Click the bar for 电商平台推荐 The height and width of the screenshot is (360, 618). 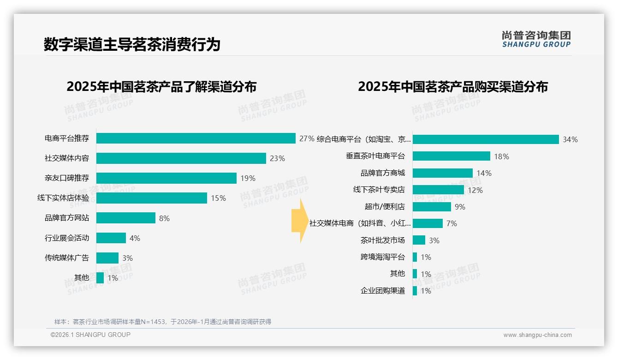pyautogui.click(x=196, y=138)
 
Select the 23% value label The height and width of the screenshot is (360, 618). pyautogui.click(x=277, y=158)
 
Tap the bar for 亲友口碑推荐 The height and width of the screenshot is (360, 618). pyautogui.click(x=166, y=178)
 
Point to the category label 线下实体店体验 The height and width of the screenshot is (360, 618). pyautogui.click(x=63, y=198)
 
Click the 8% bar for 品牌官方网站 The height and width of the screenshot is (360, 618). pyautogui.click(x=125, y=218)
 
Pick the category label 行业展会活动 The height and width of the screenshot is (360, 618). pyautogui.click(x=67, y=238)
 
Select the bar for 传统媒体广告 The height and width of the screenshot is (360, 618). pyautogui.click(x=107, y=258)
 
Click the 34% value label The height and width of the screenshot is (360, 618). pyautogui.click(x=570, y=139)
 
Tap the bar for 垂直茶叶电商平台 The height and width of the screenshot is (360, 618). pyautogui.click(x=451, y=156)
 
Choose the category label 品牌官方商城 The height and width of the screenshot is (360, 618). pyautogui.click(x=383, y=173)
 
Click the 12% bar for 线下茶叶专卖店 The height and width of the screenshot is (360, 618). pyautogui.click(x=438, y=190)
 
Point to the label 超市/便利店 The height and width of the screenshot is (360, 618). pyautogui.click(x=385, y=206)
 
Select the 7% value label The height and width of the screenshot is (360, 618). pyautogui.click(x=452, y=223)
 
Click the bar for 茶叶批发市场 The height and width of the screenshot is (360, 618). pyautogui.click(x=419, y=240)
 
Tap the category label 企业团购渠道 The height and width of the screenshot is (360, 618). pyautogui.click(x=383, y=290)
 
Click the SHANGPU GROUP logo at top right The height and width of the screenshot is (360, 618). pyautogui.click(x=536, y=39)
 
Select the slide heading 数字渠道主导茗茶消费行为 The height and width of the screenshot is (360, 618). pyautogui.click(x=132, y=44)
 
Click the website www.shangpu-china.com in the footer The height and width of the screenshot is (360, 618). pyautogui.click(x=537, y=335)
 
